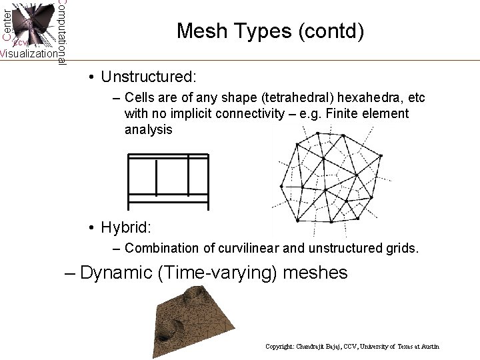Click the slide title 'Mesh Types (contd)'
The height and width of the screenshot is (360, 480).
coord(270,31)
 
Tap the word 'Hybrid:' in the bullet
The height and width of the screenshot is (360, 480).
coord(126,227)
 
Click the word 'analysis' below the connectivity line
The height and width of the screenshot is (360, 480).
coord(148,129)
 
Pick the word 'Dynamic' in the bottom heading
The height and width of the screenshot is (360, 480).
coord(116,273)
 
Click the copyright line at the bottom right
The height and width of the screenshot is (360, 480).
coord(352,347)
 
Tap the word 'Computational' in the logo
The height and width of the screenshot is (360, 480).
coord(61,32)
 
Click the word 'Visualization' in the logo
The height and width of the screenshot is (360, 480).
coord(28,54)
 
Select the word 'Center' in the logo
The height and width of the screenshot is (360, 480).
coord(7,23)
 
